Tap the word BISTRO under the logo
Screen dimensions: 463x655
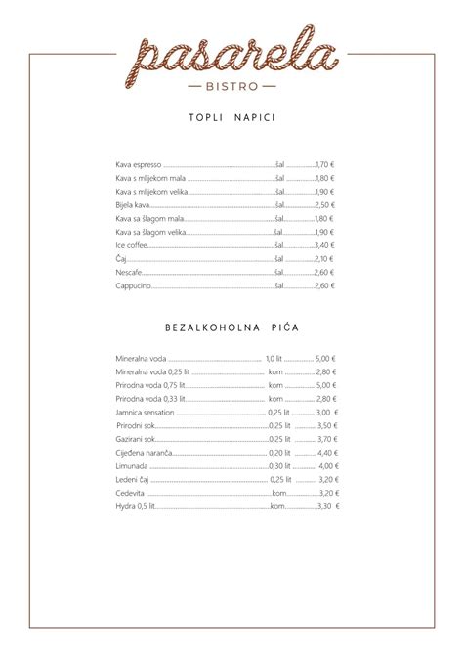[231, 86]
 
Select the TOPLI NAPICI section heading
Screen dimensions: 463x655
[231, 118]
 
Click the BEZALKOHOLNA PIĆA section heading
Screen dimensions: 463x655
[231, 322]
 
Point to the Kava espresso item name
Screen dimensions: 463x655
[138, 165]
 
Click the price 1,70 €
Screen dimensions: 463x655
[324, 165]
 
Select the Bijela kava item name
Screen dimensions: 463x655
[132, 205]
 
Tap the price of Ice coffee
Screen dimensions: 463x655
[324, 245]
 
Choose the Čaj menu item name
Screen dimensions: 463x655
[121, 259]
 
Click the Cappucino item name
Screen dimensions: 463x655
[133, 285]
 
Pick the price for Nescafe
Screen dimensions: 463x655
[324, 273]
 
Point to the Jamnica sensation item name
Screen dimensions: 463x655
[145, 413]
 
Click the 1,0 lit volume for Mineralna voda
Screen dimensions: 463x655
[273, 359]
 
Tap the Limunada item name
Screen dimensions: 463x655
[132, 466]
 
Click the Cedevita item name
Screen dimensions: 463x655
[130, 494]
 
